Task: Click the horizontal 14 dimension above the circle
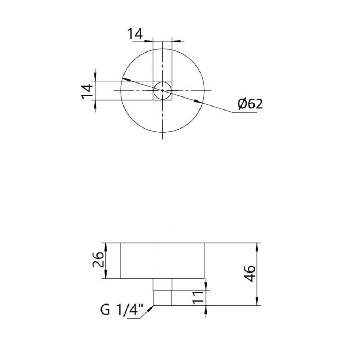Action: [x=135, y=34]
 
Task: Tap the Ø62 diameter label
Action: [x=250, y=104]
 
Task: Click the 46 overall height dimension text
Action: [x=250, y=274]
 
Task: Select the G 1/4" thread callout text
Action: [x=121, y=310]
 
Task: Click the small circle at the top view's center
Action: [x=162, y=90]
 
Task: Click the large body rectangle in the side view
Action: [x=162, y=260]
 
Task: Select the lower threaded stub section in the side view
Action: [x=162, y=298]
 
